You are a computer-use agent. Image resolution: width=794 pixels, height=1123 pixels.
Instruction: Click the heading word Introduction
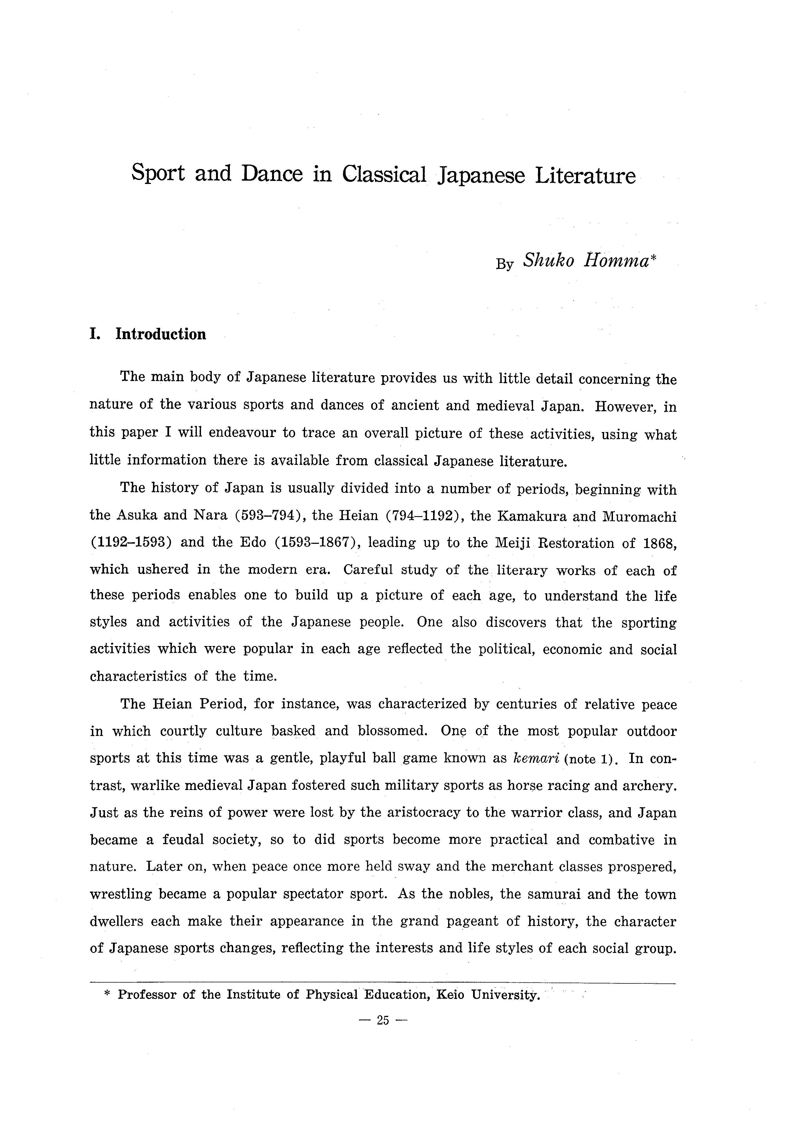coord(160,335)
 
